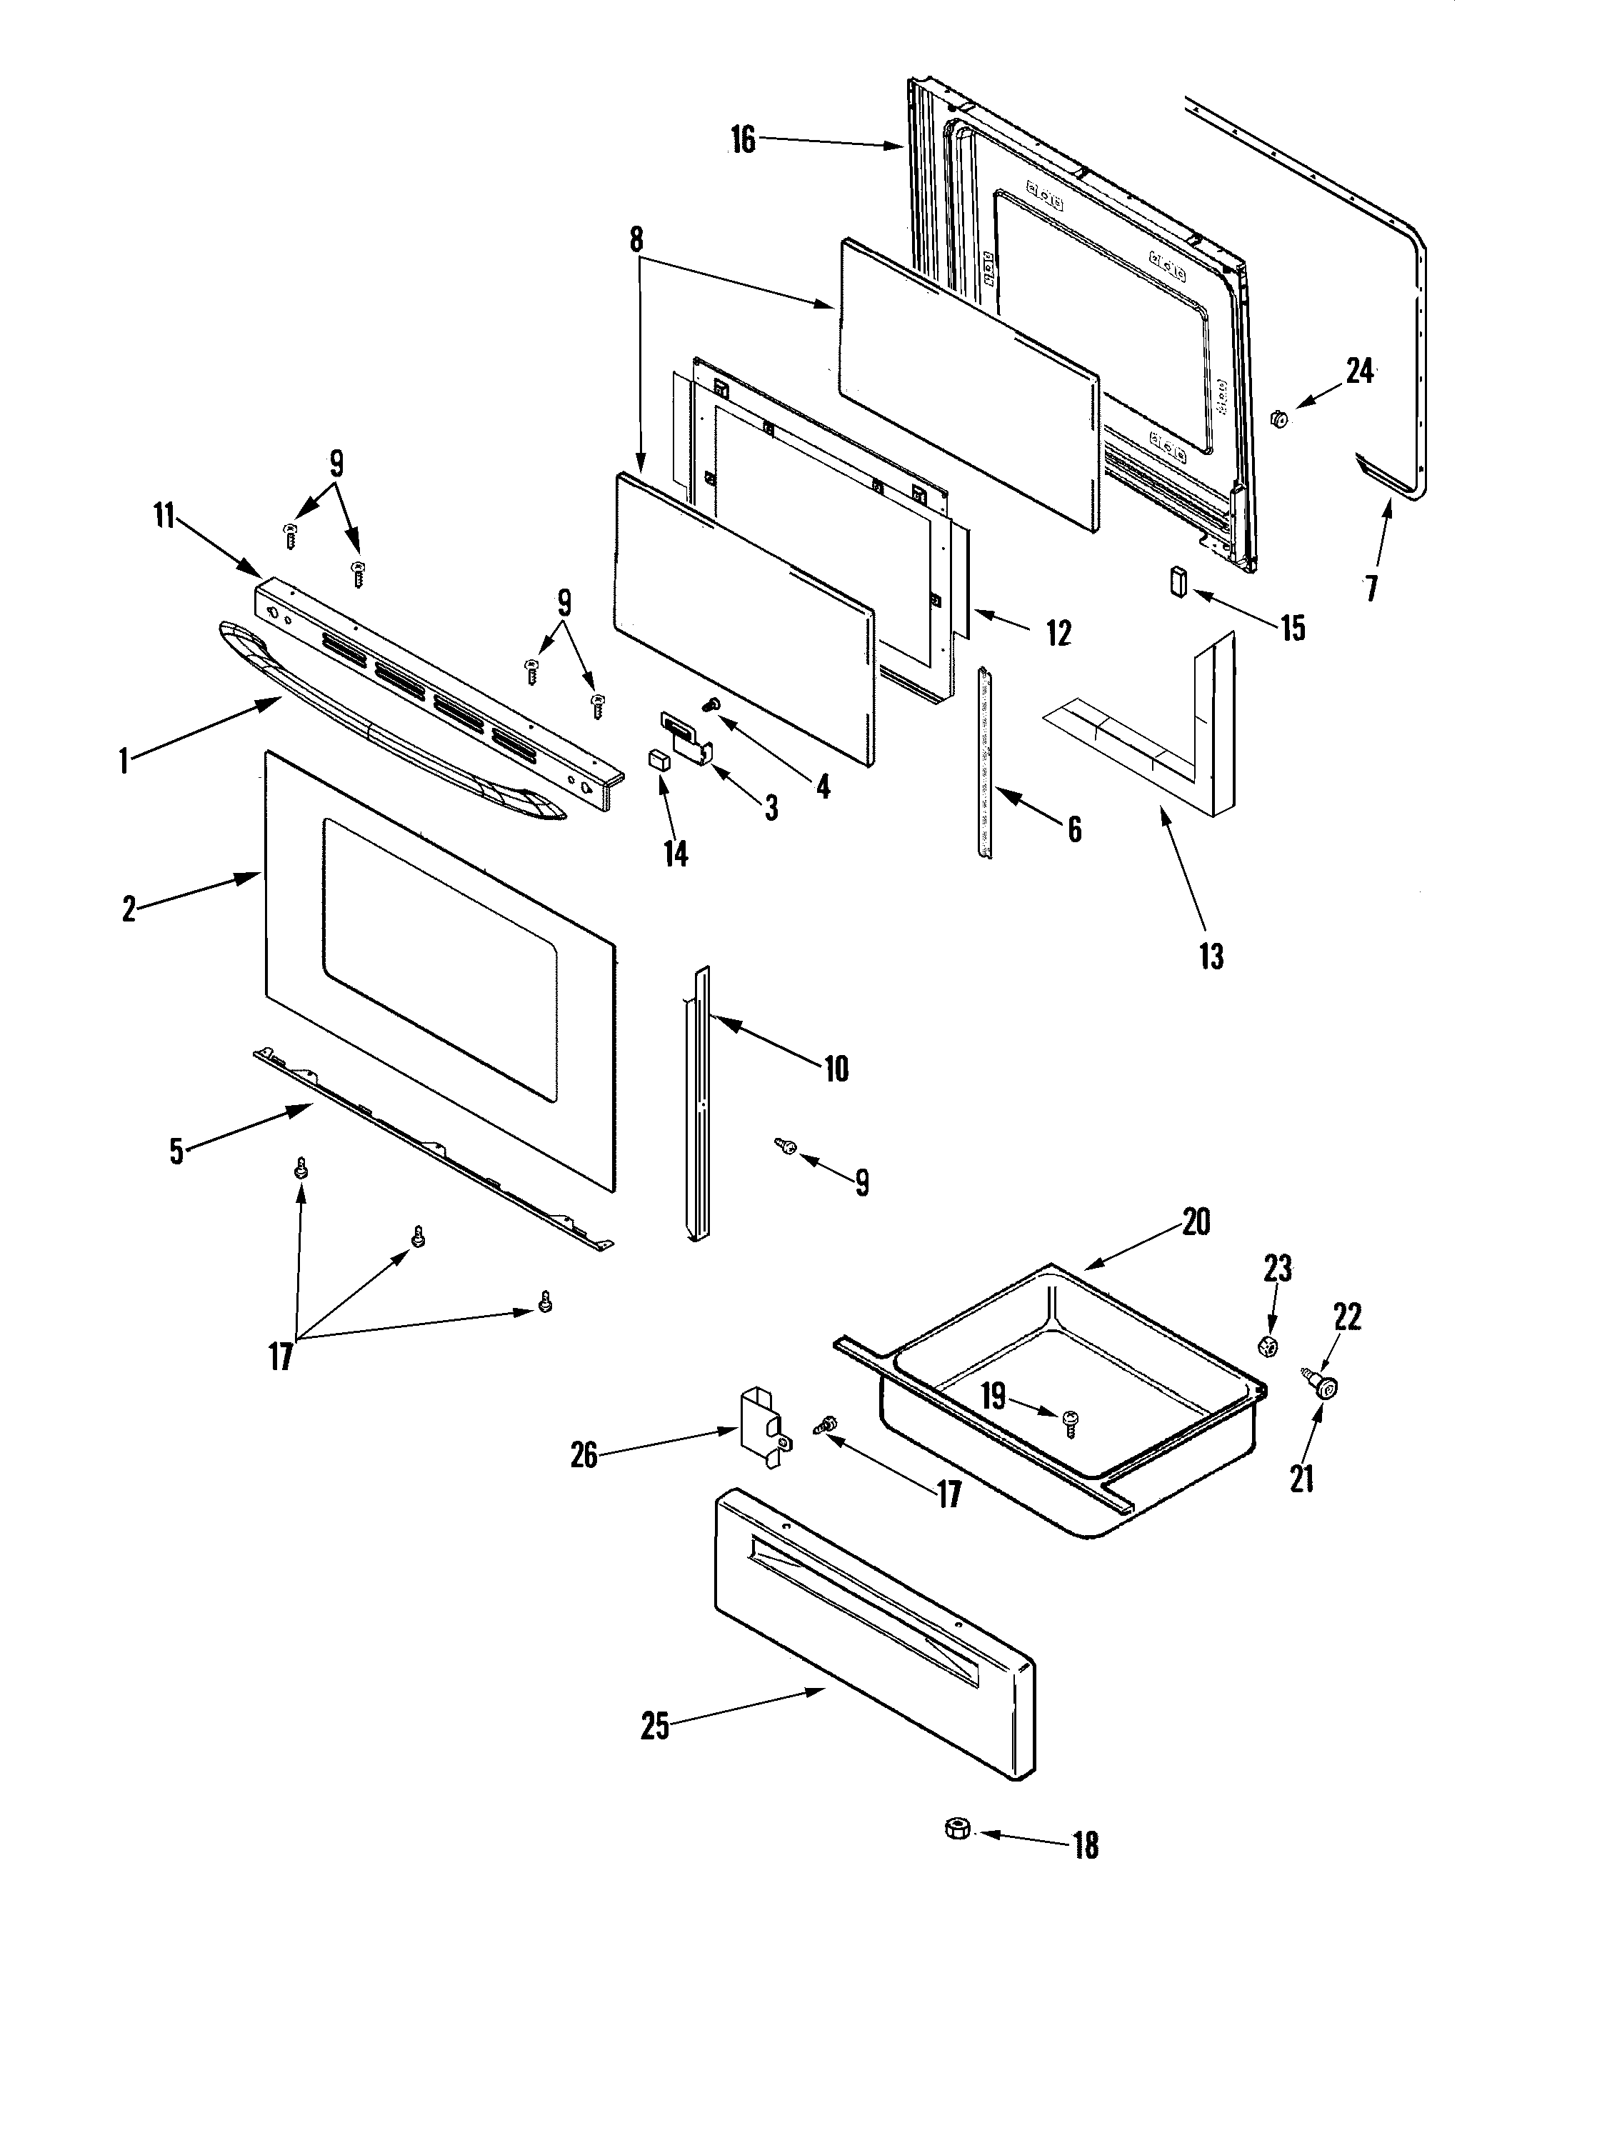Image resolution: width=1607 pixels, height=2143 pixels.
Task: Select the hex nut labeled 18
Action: (957, 1829)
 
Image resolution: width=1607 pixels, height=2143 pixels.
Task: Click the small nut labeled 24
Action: (1278, 419)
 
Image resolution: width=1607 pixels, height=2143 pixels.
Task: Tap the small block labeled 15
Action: (1178, 581)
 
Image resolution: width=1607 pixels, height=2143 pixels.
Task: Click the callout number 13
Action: (1211, 956)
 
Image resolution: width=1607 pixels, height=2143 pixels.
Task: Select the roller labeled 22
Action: (1322, 1387)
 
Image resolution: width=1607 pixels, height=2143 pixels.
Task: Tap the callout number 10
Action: (835, 1069)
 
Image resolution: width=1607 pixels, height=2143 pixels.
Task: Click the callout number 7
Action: (1371, 587)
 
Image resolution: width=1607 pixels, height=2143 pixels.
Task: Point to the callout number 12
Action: (1058, 633)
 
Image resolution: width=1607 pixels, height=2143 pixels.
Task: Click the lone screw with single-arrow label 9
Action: (786, 1146)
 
